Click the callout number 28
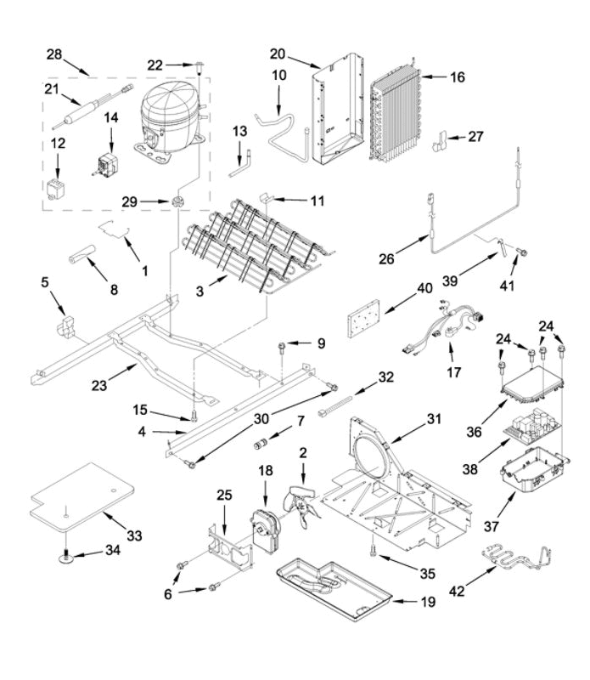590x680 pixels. pos(54,54)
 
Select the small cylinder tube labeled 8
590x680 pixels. pos(82,253)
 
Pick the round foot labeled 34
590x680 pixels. pos(65,558)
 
